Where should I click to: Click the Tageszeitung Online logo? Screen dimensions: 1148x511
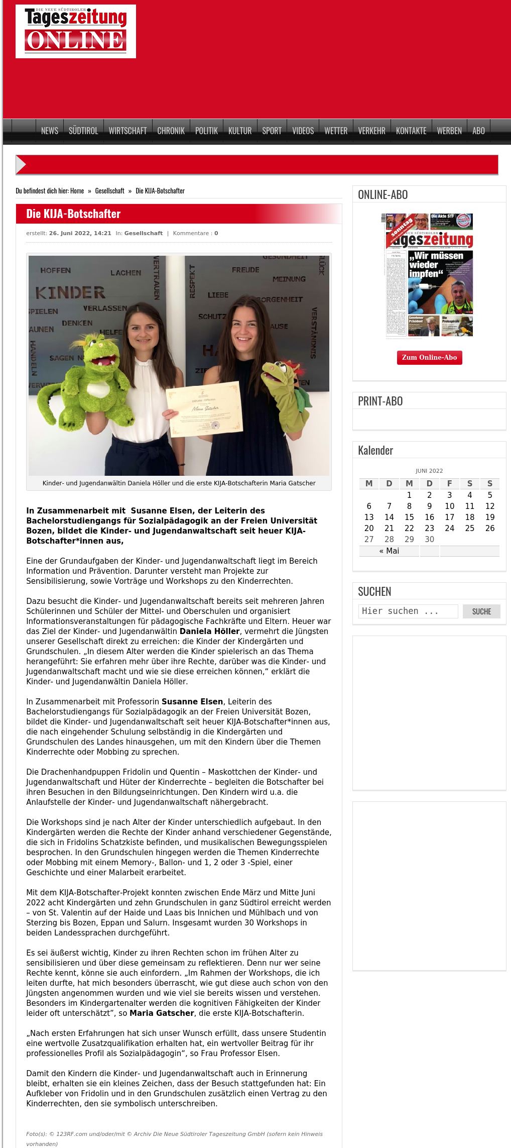pyautogui.click(x=76, y=31)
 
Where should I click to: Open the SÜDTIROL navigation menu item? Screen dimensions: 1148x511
pyautogui.click(x=83, y=131)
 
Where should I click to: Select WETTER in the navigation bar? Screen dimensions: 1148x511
pyautogui.click(x=336, y=131)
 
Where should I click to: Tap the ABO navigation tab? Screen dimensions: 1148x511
pyautogui.click(x=478, y=131)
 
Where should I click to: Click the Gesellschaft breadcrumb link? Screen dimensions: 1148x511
pyautogui.click(x=109, y=191)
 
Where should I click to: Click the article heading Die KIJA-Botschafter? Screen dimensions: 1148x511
pyautogui.click(x=73, y=214)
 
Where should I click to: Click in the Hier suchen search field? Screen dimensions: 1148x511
pyautogui.click(x=408, y=611)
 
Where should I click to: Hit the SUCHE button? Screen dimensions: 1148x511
pyautogui.click(x=481, y=611)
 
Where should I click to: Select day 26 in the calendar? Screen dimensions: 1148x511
pyautogui.click(x=489, y=528)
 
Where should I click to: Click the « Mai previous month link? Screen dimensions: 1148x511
pyautogui.click(x=389, y=551)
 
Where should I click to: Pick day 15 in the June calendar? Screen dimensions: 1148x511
pyautogui.click(x=409, y=517)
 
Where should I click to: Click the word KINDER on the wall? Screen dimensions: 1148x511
pyautogui.click(x=70, y=292)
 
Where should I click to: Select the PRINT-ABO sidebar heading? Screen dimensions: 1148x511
pyautogui.click(x=380, y=401)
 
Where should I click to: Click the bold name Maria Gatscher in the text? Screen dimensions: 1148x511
pyautogui.click(x=162, y=1013)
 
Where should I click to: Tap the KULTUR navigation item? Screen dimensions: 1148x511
pyautogui.click(x=239, y=131)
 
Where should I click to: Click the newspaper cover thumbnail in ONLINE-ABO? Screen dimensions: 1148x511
pyautogui.click(x=429, y=275)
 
